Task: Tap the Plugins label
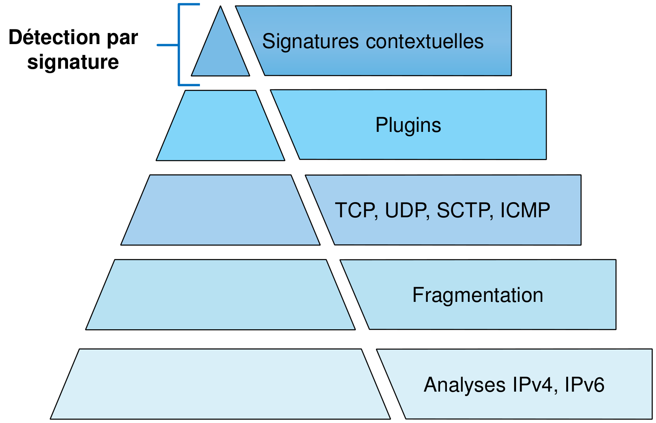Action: click(x=408, y=125)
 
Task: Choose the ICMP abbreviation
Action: click(x=525, y=210)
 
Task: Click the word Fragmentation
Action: click(x=477, y=295)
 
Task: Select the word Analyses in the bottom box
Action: click(x=464, y=384)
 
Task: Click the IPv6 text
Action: click(x=584, y=384)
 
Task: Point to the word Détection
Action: click(x=54, y=37)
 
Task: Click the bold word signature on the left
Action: click(x=73, y=62)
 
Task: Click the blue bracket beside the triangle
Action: click(x=179, y=45)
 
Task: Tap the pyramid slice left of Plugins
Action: click(x=221, y=126)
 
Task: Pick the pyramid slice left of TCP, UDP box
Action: click(x=221, y=210)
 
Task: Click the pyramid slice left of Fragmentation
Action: click(x=221, y=295)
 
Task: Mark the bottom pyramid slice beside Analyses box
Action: click(x=221, y=384)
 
